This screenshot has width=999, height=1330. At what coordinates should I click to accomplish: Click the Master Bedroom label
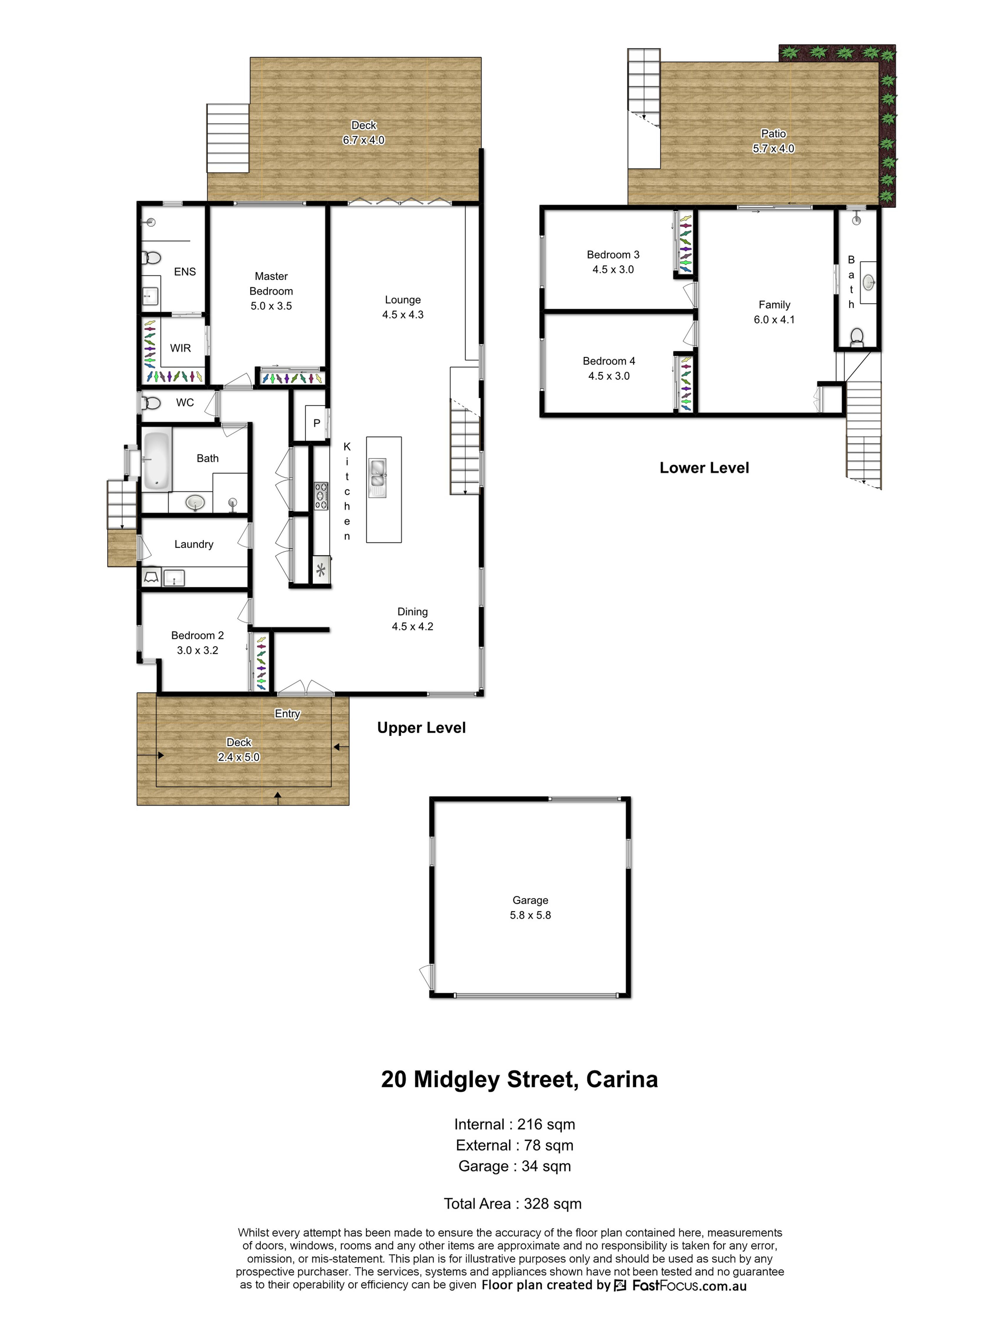(x=271, y=284)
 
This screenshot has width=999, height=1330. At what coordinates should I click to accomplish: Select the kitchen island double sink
(x=377, y=473)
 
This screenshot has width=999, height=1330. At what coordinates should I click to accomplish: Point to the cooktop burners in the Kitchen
(x=321, y=496)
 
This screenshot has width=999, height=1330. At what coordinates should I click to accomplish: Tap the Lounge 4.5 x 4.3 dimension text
(x=403, y=315)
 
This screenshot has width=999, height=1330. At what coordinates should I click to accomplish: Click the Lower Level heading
(x=704, y=468)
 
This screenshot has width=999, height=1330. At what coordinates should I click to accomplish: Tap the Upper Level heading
(x=422, y=727)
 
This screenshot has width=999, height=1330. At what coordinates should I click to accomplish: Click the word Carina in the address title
(x=622, y=1079)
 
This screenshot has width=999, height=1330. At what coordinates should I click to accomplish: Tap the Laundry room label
(x=194, y=544)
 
